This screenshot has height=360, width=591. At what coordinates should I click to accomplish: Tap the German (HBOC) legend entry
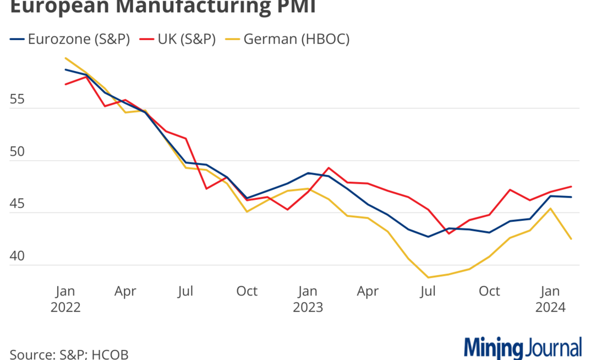point(289,39)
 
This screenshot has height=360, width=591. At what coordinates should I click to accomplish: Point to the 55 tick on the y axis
point(19,100)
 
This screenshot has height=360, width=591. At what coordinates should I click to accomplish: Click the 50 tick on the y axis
point(19,152)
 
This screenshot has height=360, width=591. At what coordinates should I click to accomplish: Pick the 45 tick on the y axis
point(19,204)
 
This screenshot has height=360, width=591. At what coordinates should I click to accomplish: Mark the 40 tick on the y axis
point(19,257)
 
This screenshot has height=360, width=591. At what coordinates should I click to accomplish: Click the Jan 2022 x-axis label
point(65,299)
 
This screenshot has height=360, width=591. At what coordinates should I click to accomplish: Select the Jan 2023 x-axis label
point(308,299)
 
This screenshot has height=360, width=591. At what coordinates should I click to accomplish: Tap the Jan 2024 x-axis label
point(550,299)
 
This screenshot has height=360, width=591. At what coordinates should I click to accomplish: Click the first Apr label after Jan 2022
point(125,291)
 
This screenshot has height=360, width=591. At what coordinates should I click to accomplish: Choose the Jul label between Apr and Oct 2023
point(428,291)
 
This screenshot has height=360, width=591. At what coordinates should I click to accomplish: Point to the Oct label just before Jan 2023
point(247,291)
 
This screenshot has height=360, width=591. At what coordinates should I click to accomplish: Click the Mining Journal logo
point(523,348)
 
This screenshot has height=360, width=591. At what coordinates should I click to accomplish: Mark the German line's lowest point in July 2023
point(428,277)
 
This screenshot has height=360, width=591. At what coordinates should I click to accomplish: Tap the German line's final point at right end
point(571,239)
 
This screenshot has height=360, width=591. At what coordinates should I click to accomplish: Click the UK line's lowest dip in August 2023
point(448,233)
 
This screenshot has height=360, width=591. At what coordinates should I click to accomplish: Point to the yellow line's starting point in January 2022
point(65,58)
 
